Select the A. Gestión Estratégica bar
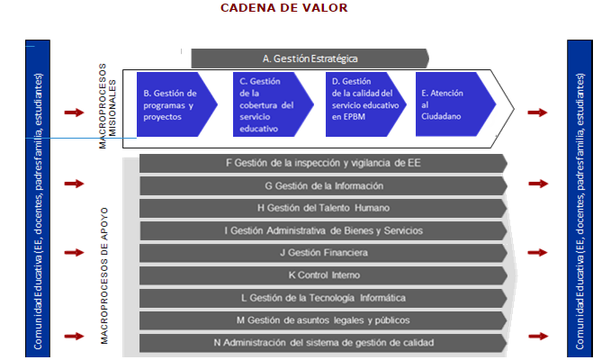click(x=310, y=58)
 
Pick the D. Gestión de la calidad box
click(x=360, y=104)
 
